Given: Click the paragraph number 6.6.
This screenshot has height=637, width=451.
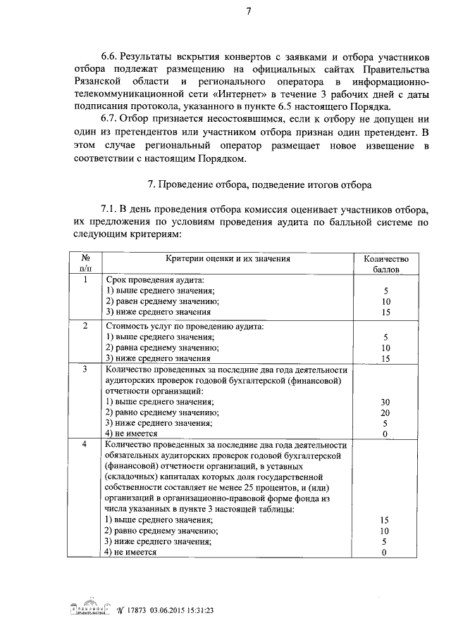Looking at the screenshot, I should (x=111, y=56).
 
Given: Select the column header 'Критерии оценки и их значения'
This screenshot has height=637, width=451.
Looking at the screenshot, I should (x=228, y=258).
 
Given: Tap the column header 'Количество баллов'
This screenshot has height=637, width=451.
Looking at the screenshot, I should (x=385, y=264).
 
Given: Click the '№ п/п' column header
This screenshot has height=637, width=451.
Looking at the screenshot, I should (x=85, y=264).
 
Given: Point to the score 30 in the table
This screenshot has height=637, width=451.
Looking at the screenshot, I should (x=385, y=402).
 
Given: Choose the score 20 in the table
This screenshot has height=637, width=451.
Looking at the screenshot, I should (x=385, y=412).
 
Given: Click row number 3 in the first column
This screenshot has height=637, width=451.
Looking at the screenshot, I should (x=85, y=370).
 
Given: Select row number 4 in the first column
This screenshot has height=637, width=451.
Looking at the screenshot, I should (x=85, y=445).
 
